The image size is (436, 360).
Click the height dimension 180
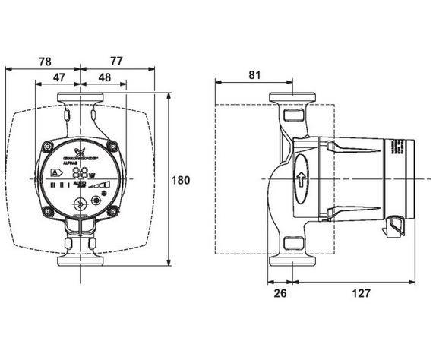180,181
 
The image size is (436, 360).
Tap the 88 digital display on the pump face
79,172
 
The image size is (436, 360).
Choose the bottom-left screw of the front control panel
49,209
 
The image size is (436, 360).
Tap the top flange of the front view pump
80,99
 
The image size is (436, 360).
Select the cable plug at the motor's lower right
397,223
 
